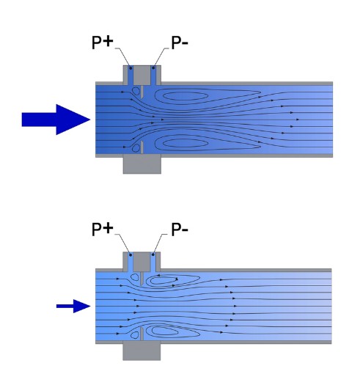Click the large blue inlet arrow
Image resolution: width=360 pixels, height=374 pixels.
coord(56,120)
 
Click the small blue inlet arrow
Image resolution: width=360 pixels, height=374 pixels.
coord(73,306)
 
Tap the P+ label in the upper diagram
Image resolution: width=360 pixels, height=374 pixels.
coord(103,43)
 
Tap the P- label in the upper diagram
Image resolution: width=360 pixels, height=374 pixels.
coord(180,43)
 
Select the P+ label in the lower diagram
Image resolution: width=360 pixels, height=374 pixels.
coord(103,229)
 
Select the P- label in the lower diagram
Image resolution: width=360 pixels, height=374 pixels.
coord(180,230)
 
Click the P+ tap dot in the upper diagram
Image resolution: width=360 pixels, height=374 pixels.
coord(131,68)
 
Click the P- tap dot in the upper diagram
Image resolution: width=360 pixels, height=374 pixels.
coord(153,67)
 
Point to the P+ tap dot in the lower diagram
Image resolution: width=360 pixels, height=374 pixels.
coord(131,255)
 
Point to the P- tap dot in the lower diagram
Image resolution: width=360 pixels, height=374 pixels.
coord(153,254)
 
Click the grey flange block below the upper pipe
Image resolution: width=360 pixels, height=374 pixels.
coord(142,165)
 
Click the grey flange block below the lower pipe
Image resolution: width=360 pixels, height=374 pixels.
coord(142,352)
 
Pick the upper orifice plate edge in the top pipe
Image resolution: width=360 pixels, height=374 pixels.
coord(142,92)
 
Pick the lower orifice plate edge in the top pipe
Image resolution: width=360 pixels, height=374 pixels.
coord(142,147)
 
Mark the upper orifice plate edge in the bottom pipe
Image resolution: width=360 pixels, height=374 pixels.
coord(142,279)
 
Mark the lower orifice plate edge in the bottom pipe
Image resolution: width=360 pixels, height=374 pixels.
coord(142,334)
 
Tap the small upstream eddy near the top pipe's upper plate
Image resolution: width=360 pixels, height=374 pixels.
coord(136,91)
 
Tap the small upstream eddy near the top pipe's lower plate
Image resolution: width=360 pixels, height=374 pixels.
coord(136,148)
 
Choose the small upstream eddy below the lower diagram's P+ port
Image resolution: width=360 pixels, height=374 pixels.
coord(135,277)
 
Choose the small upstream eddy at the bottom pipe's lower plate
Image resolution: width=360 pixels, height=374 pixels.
coord(134,335)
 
